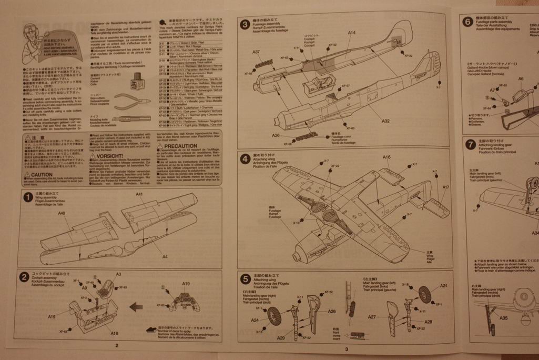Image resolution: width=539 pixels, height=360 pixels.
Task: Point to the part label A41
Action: pyautogui.click(x=139, y=195)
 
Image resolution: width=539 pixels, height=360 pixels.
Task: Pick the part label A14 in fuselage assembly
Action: pyautogui.click(x=351, y=33)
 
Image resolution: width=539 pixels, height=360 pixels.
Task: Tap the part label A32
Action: pyautogui.click(x=385, y=121)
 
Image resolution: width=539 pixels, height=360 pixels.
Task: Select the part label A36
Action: pyautogui.click(x=276, y=135)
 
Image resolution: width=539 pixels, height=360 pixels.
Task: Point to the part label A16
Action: pyautogui.click(x=387, y=157)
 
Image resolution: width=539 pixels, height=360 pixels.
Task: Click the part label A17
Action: pyautogui.click(x=445, y=187)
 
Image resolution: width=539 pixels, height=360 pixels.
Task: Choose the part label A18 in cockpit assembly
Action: pyautogui.click(x=114, y=333)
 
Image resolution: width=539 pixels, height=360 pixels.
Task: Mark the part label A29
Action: pyautogui.click(x=280, y=337)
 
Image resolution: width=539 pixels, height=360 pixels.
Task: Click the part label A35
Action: pyautogui.click(x=503, y=318)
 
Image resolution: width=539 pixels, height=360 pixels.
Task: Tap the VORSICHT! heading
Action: pyautogui.click(x=109, y=156)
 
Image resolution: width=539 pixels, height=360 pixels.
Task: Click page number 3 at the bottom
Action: pyautogui.click(x=347, y=349)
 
